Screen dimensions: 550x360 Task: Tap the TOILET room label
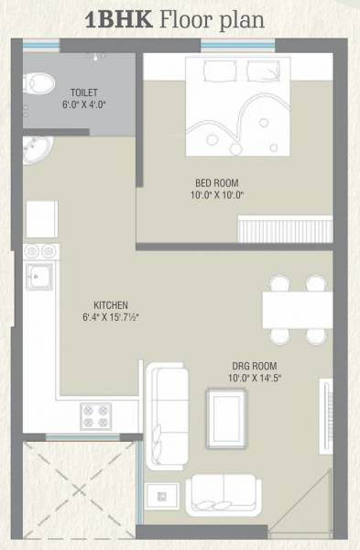coord(84,93)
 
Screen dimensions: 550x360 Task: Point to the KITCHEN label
coord(110,304)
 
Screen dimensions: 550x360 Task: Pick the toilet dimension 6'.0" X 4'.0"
coord(84,104)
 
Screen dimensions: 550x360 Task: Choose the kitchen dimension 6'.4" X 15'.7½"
coord(116,317)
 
